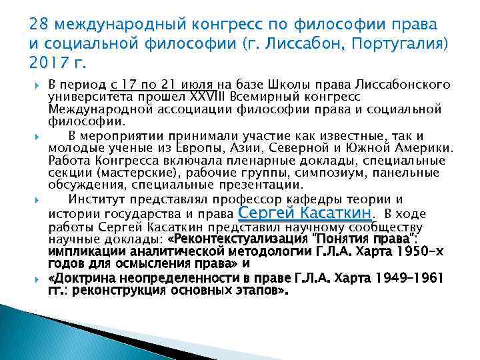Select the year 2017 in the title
tap(49, 65)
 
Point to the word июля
tap(196, 85)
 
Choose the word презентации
tap(249, 185)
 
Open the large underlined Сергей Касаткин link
tap(305, 212)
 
